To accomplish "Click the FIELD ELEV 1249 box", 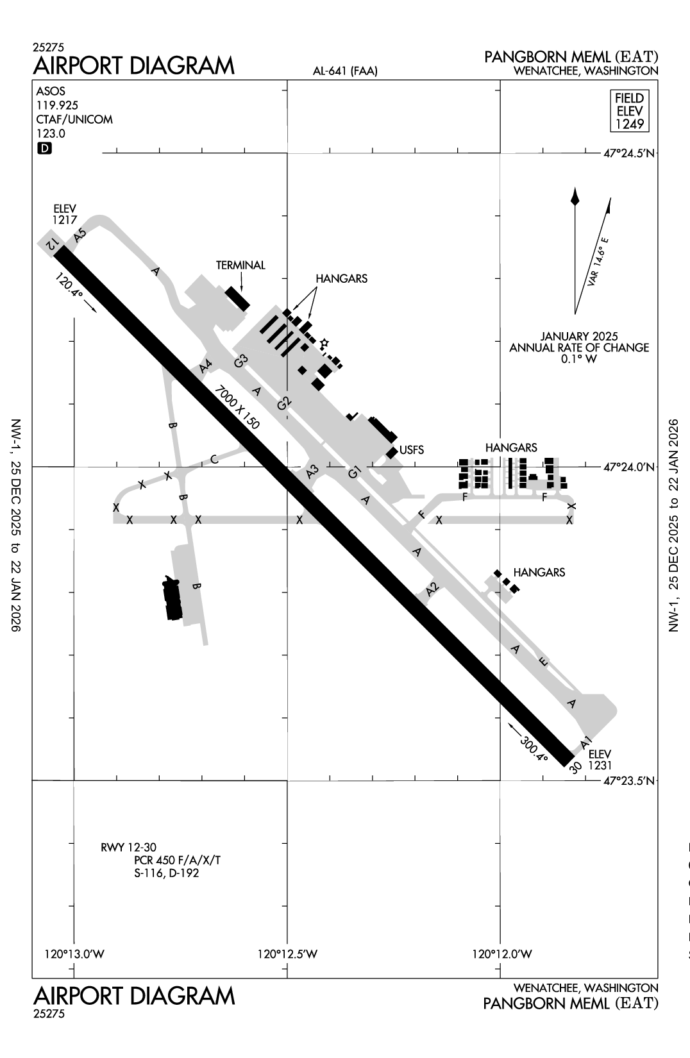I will coord(629,111).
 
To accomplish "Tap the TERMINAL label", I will coord(240,265).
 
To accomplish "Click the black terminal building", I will coord(237,299).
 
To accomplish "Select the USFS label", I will coord(412,450).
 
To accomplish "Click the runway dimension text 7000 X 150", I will coord(237,408).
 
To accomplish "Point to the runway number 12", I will coord(55,243).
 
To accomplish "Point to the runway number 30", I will coord(575,767).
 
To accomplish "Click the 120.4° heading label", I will coord(70,286).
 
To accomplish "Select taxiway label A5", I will coord(80,235).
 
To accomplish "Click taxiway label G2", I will coord(284,403).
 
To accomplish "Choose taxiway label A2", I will coord(433,587).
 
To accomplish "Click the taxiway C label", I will coord(214,459).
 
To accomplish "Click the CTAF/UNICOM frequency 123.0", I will coord(51,133).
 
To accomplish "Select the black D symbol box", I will coord(44,149).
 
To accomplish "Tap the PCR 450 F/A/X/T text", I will coord(178,860).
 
